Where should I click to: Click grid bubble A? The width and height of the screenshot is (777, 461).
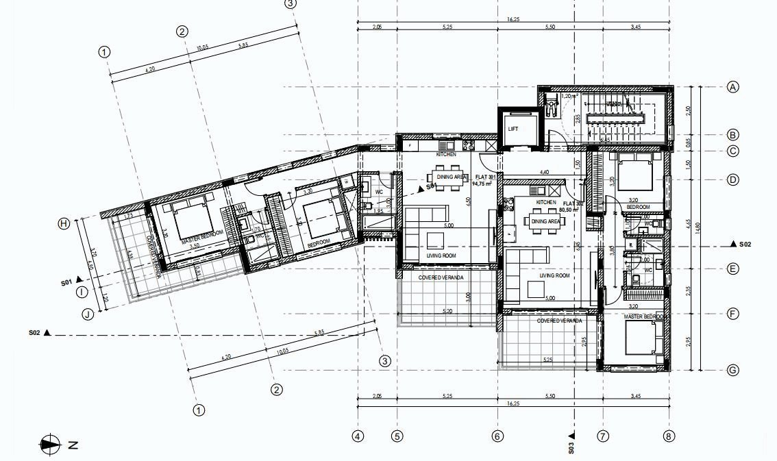732,87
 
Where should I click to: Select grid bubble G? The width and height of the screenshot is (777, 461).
732,371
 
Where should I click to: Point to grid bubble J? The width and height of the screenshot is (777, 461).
87,314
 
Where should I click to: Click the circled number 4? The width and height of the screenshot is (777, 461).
358,436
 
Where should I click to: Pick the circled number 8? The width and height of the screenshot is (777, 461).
669,436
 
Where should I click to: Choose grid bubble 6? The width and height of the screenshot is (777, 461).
497,436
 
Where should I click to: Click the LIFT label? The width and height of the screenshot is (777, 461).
514,129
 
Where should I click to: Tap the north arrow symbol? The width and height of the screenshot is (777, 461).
51,445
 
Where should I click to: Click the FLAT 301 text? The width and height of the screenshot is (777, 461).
480,177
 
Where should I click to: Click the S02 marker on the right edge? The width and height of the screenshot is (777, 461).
741,244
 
